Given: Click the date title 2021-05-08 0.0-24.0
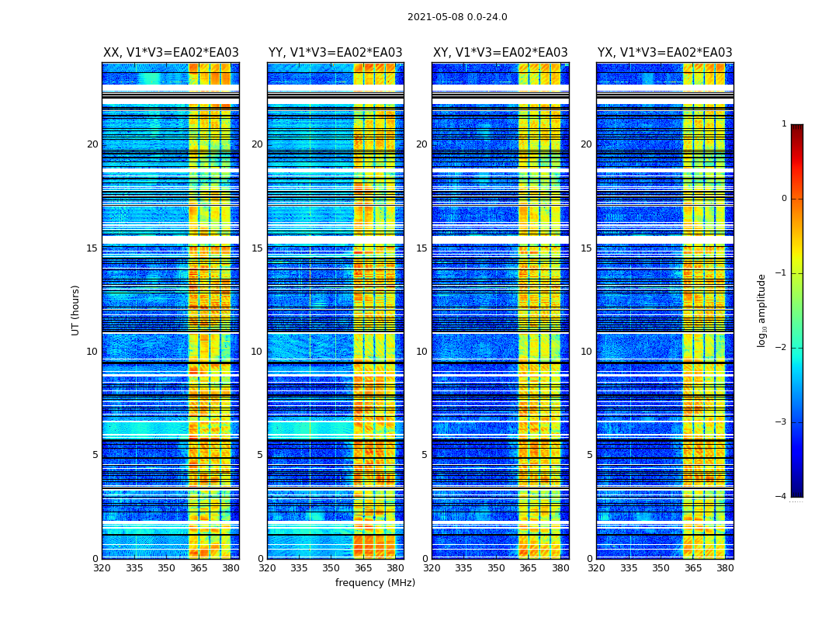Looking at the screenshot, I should [457, 17].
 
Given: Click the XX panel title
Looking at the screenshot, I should [171, 53].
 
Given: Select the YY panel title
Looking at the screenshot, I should [335, 53].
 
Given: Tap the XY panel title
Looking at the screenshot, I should [500, 53].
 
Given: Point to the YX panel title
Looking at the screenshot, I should [664, 53].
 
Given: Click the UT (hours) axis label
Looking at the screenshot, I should [76, 310].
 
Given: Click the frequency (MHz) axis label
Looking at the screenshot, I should [375, 583].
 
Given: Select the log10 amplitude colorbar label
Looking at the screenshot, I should [762, 310].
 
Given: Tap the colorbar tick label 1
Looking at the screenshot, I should [784, 124].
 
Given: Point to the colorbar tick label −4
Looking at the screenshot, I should [782, 497].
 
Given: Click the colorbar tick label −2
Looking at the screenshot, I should [782, 348].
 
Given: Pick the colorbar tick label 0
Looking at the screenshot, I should [784, 199].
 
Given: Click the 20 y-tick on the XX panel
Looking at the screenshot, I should [92, 144].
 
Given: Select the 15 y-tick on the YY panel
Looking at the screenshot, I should [257, 248].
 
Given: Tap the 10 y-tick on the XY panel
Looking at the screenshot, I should [421, 352].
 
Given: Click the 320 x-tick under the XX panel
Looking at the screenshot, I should [102, 568].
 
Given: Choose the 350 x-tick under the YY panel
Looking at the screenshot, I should [331, 568].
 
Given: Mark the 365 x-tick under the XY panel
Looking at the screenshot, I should [528, 568].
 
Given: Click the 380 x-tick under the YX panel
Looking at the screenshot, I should [725, 568].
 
